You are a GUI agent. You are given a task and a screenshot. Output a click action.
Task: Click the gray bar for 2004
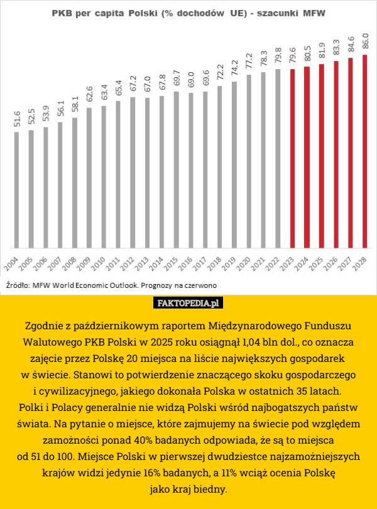(16, 189)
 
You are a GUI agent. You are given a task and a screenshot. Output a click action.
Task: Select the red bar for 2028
(364, 151)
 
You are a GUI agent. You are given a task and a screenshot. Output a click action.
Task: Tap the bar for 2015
(176, 170)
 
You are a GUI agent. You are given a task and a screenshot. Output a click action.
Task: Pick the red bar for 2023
(292, 157)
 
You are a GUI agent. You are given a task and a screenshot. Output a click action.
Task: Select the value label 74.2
(234, 69)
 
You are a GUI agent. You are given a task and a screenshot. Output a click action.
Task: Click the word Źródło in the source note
(17, 285)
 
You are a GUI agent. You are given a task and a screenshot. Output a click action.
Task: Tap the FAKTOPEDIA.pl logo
(188, 304)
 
